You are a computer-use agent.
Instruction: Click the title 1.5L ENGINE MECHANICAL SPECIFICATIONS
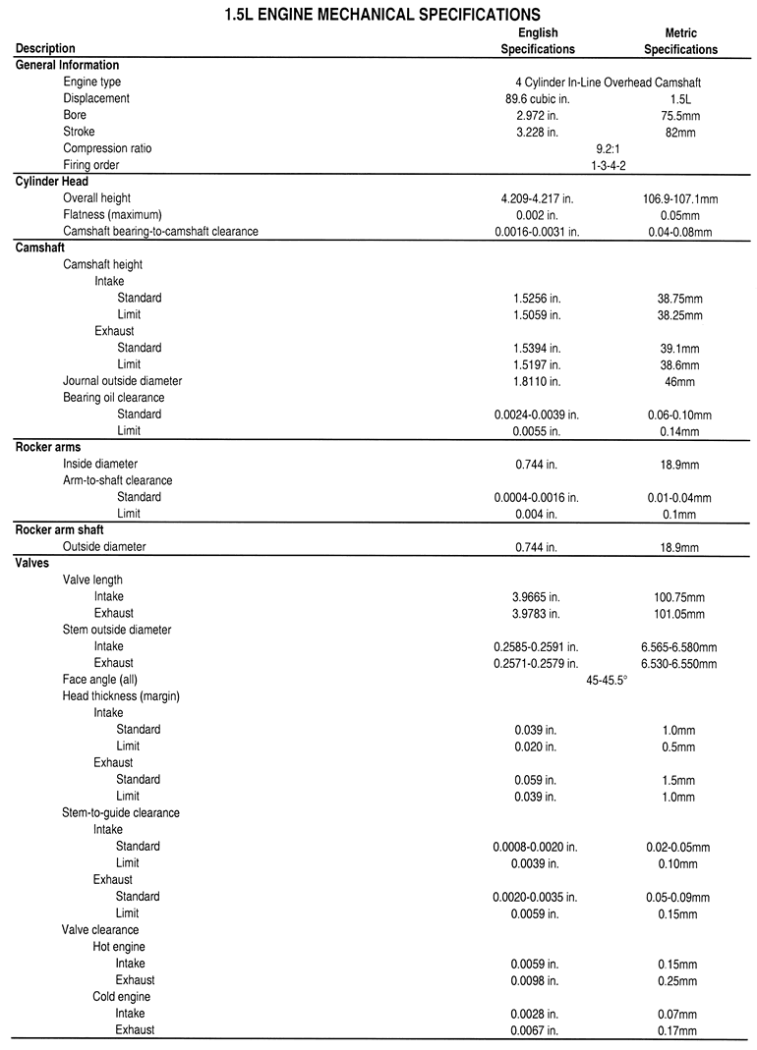click(x=378, y=15)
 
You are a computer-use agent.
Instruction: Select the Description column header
click(x=45, y=49)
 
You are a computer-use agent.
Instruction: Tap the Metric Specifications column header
click(x=680, y=41)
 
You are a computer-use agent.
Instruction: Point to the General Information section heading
click(x=68, y=66)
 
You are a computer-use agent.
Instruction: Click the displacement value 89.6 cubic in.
click(x=537, y=99)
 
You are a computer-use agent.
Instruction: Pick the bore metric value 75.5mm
click(x=680, y=116)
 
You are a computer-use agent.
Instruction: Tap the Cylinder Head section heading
click(x=52, y=182)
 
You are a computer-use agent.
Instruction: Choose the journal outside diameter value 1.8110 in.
click(x=537, y=381)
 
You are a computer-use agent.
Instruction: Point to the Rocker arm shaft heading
click(x=59, y=530)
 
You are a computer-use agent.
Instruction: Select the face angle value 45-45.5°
click(x=607, y=680)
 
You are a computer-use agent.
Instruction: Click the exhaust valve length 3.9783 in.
click(x=537, y=614)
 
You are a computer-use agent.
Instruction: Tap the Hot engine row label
click(x=119, y=947)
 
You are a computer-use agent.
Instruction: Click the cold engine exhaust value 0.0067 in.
click(x=537, y=1030)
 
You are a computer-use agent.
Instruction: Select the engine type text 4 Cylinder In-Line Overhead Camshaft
click(x=600, y=83)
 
